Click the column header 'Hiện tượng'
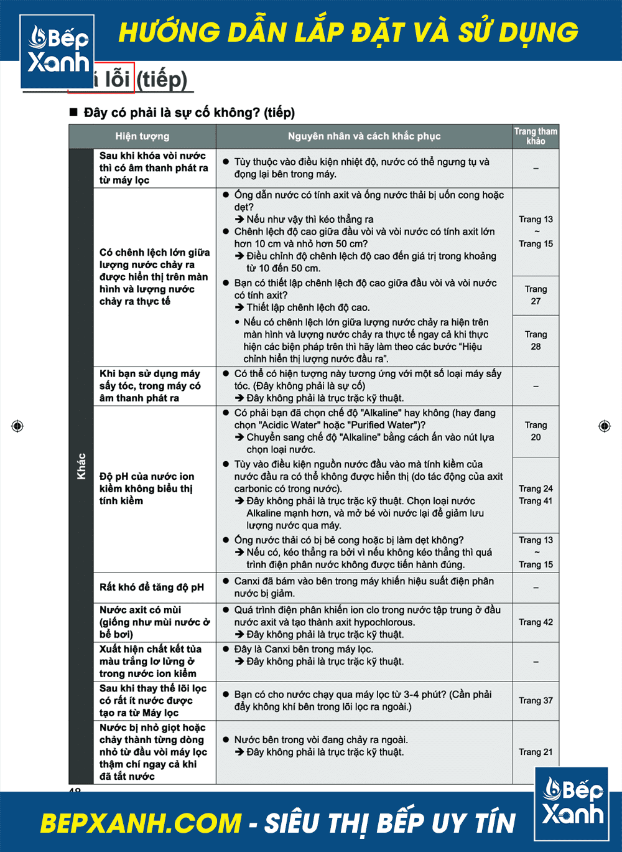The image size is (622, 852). [142, 136]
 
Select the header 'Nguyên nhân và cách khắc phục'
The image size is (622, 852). [364, 136]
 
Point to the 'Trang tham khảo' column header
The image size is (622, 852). [536, 136]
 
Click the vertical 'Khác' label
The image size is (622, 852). [81, 466]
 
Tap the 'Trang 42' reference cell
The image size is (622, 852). [536, 622]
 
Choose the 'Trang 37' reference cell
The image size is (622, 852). [536, 701]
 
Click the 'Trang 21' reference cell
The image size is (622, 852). [536, 752]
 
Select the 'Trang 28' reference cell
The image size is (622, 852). [536, 340]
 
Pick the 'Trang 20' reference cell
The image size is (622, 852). [536, 431]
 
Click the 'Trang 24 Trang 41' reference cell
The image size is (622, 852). [536, 495]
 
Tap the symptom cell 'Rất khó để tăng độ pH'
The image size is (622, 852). [152, 588]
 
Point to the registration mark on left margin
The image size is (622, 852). [17, 426]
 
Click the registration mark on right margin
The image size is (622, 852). [604, 426]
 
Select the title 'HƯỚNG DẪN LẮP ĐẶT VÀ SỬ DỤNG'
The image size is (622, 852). [348, 32]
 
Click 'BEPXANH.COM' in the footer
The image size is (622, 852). [141, 823]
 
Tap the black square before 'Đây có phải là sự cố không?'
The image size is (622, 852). [73, 113]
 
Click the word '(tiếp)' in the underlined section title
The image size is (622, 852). [162, 80]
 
